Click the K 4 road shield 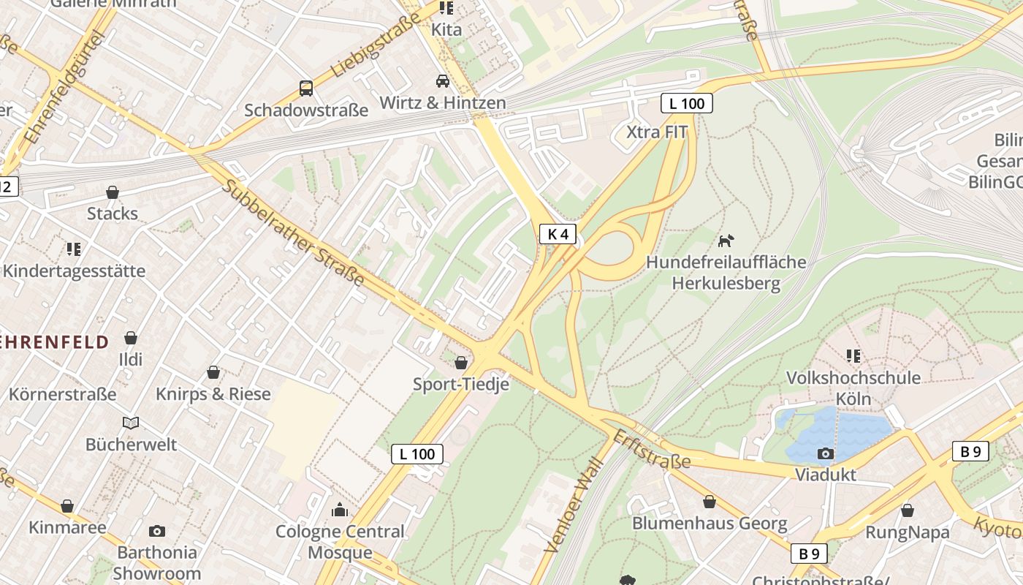(x=558, y=234)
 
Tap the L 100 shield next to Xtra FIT (x=687, y=103)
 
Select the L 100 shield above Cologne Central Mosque (x=417, y=454)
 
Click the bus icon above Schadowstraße (x=306, y=88)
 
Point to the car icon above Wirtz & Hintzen (x=443, y=80)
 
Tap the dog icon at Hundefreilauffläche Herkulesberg (x=725, y=240)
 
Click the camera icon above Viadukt (x=826, y=453)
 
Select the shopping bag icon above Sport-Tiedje (x=461, y=363)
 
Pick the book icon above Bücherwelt (x=131, y=423)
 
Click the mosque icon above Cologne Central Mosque (x=340, y=510)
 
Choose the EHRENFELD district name (x=54, y=341)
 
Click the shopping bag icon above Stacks (x=113, y=192)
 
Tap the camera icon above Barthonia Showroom (x=156, y=531)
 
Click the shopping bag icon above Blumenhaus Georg (x=709, y=502)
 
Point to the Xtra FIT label (x=657, y=132)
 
